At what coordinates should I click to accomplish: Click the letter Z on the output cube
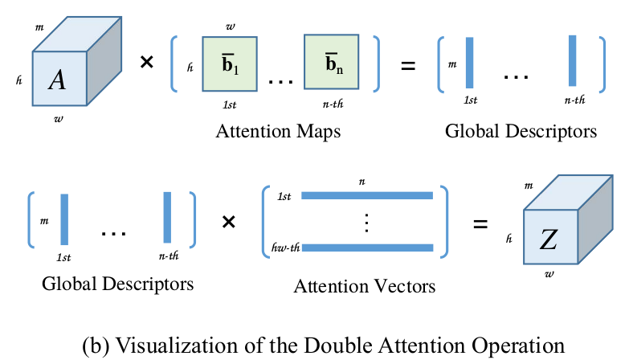pos(549,239)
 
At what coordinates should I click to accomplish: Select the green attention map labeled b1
pos(229,64)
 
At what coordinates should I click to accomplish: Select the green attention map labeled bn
pos(329,64)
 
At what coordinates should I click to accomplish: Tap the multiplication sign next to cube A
pos(147,63)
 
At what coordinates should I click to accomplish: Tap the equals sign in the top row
pos(408,64)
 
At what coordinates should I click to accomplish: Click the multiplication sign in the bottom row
pos(229,222)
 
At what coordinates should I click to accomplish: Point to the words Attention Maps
pos(278,132)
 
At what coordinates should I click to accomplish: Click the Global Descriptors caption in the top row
pos(521,132)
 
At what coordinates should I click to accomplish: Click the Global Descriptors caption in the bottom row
pos(117,284)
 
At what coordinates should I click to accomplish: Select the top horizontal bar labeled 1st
pos(366,195)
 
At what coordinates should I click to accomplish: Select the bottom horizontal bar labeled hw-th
pos(366,248)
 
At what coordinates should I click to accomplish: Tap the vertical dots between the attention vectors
pos(366,222)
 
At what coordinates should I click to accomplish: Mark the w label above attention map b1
pos(231,26)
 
